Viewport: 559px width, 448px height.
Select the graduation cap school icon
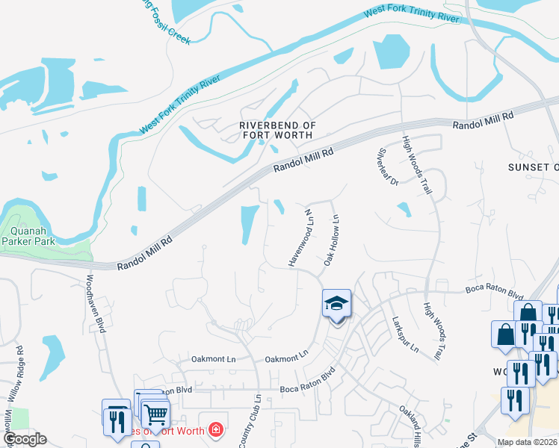point(336,305)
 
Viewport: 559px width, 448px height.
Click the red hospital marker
point(216,429)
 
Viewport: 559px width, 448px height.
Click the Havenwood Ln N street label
point(300,238)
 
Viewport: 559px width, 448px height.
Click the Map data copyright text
point(528,441)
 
